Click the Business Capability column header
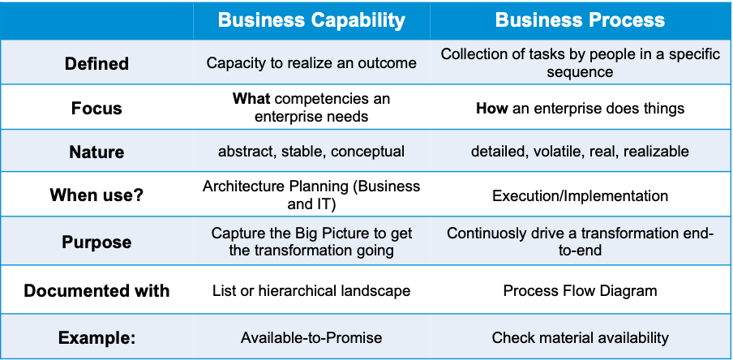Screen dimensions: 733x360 point(311,20)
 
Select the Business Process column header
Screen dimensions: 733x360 point(580,20)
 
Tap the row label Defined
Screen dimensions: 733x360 point(96,63)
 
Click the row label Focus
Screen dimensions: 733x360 point(96,108)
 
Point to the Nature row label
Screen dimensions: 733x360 point(96,152)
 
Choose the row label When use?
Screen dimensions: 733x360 point(96,195)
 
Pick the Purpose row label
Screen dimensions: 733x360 point(96,242)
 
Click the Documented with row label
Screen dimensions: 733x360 point(96,290)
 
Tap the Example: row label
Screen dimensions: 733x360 point(96,337)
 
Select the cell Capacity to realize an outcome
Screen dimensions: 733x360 point(311,62)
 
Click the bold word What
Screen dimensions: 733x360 point(251,99)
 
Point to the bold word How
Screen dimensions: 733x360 point(492,109)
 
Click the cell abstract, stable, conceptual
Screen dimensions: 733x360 point(311,152)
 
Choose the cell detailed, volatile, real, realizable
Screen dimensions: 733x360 point(580,152)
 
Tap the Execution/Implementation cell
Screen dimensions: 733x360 point(580,195)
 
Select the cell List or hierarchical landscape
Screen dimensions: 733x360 point(311,291)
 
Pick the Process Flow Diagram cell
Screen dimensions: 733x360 point(580,291)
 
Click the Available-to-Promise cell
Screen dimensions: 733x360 point(311,337)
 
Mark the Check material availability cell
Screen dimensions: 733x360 point(580,337)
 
